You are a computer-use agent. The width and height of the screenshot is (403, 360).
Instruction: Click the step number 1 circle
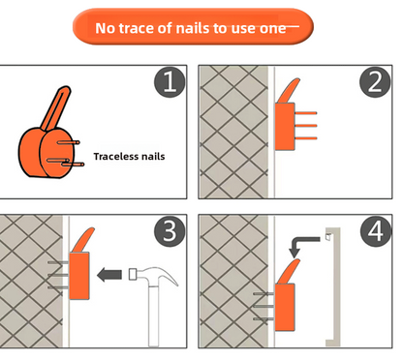170,82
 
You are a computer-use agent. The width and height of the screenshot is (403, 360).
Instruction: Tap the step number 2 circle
375,82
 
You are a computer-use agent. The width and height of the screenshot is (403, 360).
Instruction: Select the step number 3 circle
170,231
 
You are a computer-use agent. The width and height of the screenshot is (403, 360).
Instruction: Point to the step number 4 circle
376,231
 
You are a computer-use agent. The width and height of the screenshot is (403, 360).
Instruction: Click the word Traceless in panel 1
114,157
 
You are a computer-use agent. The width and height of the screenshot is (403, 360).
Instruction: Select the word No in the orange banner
106,28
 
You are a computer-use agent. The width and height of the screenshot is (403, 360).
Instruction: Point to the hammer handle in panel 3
154,315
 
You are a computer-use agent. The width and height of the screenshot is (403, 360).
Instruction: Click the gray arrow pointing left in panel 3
109,275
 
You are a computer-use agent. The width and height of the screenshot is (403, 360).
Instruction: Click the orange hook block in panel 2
285,127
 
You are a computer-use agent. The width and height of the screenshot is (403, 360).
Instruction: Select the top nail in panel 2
305,113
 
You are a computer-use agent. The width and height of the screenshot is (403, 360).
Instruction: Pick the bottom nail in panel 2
305,138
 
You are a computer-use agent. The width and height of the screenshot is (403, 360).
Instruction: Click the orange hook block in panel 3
79,276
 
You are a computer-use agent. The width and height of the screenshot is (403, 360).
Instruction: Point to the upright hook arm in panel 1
55,108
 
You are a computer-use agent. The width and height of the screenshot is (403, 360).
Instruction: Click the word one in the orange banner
273,29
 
